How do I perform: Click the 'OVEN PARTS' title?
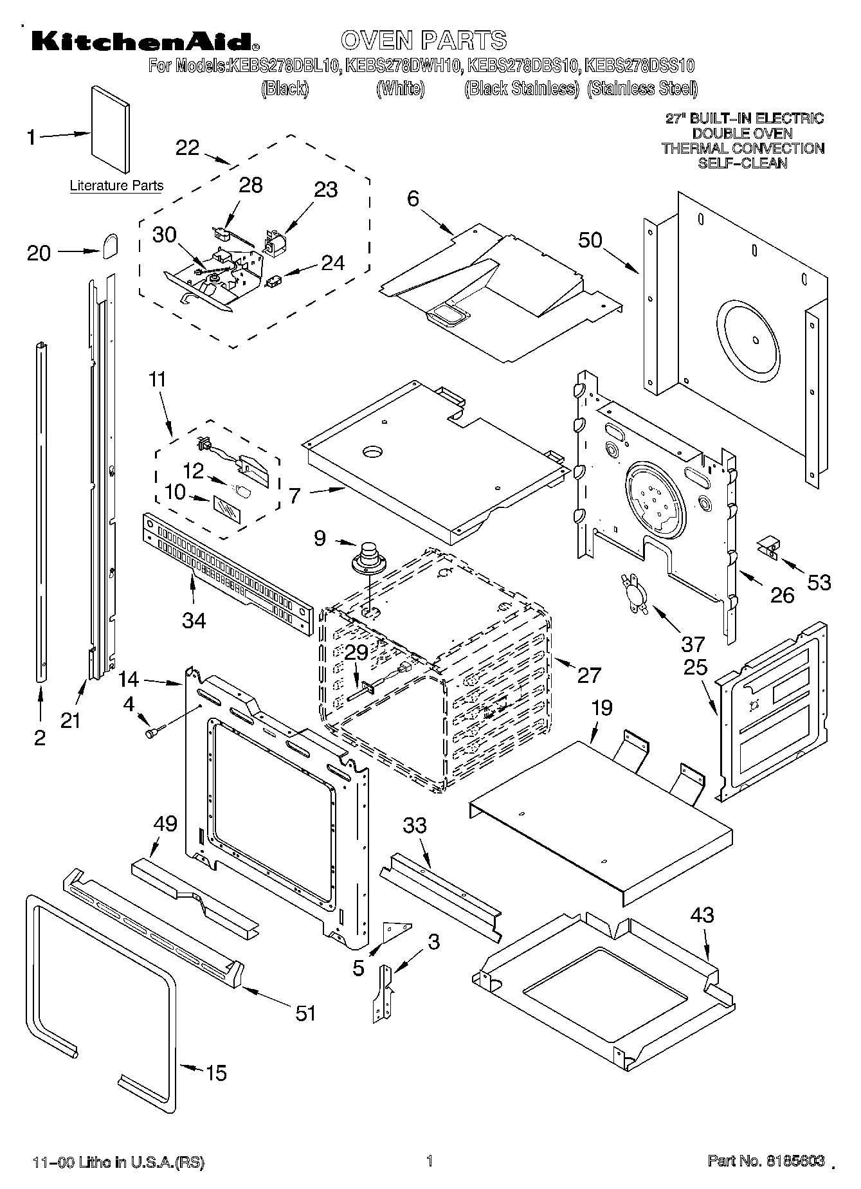click(x=424, y=40)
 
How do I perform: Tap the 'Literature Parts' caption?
click(x=116, y=186)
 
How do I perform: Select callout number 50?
click(x=590, y=240)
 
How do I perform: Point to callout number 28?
click(x=250, y=185)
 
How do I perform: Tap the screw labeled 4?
click(x=154, y=731)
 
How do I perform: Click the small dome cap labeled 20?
click(x=109, y=245)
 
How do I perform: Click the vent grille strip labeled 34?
click(x=225, y=572)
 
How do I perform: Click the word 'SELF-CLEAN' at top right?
click(x=742, y=163)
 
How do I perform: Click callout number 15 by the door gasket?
click(x=216, y=1073)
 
